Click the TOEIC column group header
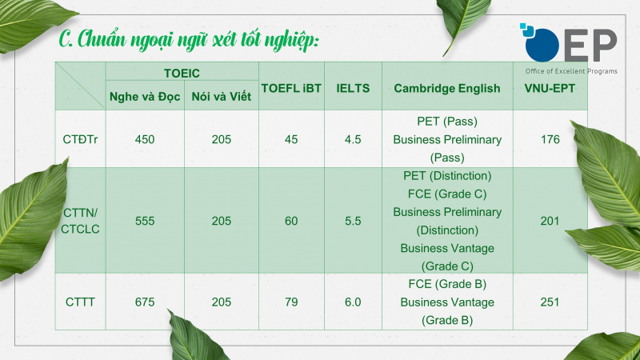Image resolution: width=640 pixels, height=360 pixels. [x=182, y=74]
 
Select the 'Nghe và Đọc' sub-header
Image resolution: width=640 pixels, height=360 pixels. [x=145, y=97]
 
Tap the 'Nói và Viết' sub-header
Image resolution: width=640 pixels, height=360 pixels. [x=222, y=97]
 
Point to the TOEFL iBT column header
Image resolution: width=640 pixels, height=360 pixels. [x=291, y=89]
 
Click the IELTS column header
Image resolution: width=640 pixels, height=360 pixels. [x=353, y=89]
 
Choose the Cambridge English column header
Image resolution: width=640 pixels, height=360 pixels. [x=447, y=89]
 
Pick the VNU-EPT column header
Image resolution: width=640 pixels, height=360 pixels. [x=550, y=89]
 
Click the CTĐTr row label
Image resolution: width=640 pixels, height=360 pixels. [x=80, y=139]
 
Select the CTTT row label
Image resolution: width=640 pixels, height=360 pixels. [x=80, y=302]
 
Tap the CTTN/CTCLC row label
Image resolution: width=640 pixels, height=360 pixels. [x=80, y=221]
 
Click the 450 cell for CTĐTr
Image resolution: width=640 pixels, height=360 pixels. [x=145, y=139]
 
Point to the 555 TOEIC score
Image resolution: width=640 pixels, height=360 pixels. [x=145, y=221]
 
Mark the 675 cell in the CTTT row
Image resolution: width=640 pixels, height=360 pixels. [x=145, y=302]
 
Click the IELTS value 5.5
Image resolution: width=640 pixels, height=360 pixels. [x=353, y=221]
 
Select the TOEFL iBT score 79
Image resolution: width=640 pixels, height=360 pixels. [x=291, y=302]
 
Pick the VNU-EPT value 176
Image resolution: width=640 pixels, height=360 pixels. [x=550, y=139]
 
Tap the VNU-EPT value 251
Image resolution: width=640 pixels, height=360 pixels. [x=550, y=302]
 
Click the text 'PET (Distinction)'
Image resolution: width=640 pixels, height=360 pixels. [x=447, y=176]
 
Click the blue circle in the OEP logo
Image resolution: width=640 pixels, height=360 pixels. [x=542, y=45]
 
